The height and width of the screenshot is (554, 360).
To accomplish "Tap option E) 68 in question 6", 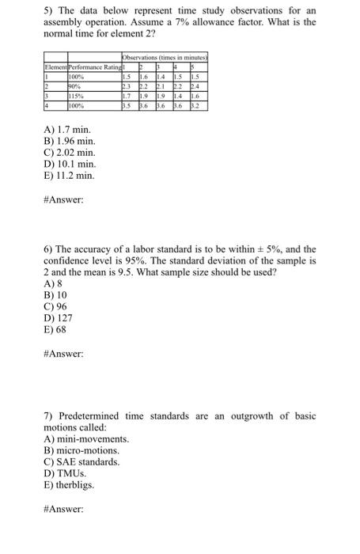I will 55,331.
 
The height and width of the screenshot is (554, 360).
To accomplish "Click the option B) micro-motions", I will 85,450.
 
